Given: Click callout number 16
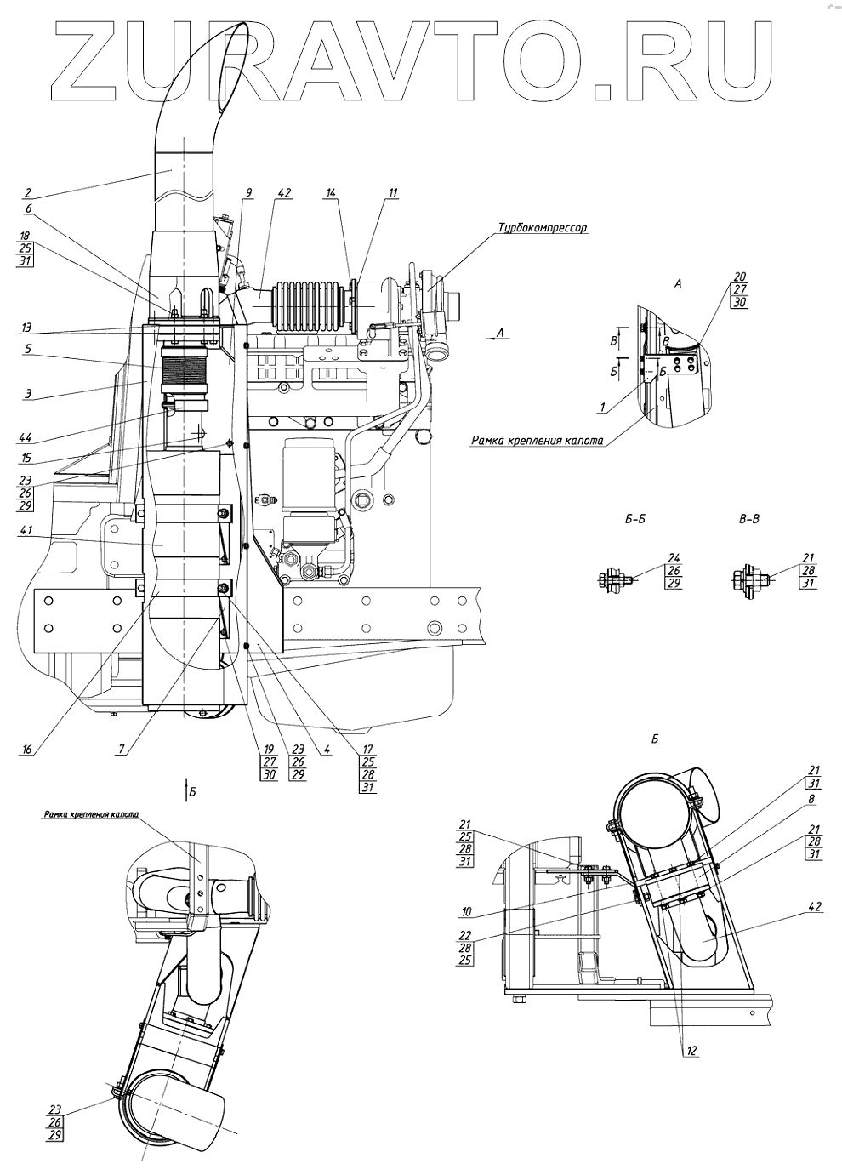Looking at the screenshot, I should coord(27,749).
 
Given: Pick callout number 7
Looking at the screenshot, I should coord(123,749).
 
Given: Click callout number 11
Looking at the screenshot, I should coord(392,193).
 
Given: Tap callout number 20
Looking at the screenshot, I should coord(738,276).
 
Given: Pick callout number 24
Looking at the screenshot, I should coord(674,559).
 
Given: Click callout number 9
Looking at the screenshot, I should coord(247,193).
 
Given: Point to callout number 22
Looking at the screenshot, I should coord(464,933).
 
